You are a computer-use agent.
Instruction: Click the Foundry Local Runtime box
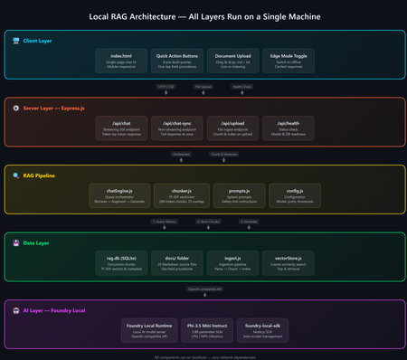pyautogui.click(x=146, y=327)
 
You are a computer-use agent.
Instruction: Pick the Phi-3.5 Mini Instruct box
pyautogui.click(x=203, y=327)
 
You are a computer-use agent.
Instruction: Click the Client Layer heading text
pyautogui.click(x=38, y=40)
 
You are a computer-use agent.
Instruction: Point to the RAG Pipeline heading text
pyautogui.click(x=41, y=175)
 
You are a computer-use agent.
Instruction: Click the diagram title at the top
pyautogui.click(x=203, y=16)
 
